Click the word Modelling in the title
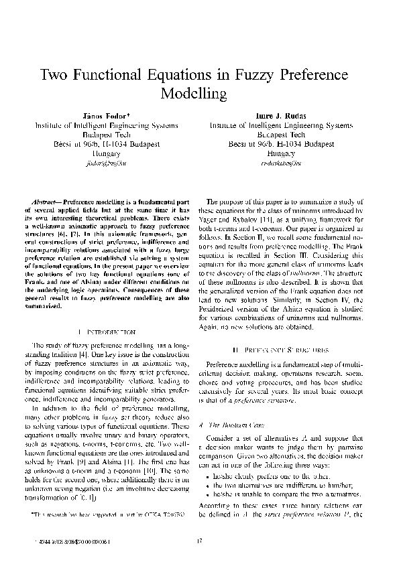[199, 92]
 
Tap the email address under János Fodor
[101, 162]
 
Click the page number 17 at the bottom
[199, 541]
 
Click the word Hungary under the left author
[101, 153]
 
